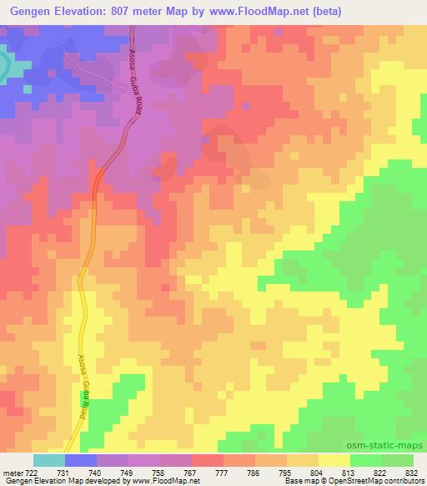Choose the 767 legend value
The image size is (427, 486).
pos(193,472)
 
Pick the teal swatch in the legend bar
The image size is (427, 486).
pos(49,460)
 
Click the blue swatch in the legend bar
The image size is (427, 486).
pos(81,460)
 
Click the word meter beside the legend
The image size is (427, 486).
pos(10,472)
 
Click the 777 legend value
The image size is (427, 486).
pos(224,472)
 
